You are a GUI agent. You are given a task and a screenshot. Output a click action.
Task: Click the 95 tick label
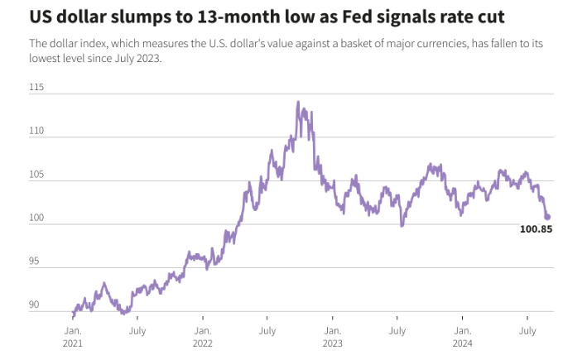[x=35, y=262]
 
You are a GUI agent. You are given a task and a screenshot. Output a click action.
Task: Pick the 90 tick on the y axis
[x=35, y=305]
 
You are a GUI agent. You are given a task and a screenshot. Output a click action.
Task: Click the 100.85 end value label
[x=536, y=228]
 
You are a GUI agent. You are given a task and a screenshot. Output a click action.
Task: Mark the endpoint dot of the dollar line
[x=547, y=218]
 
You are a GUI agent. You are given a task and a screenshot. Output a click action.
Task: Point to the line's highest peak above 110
[x=298, y=102]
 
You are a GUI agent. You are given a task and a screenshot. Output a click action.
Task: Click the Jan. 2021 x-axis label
[x=73, y=335]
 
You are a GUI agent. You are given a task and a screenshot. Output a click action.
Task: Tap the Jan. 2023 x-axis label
[x=333, y=335]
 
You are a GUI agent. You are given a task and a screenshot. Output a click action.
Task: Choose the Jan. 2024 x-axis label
[x=463, y=335]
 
